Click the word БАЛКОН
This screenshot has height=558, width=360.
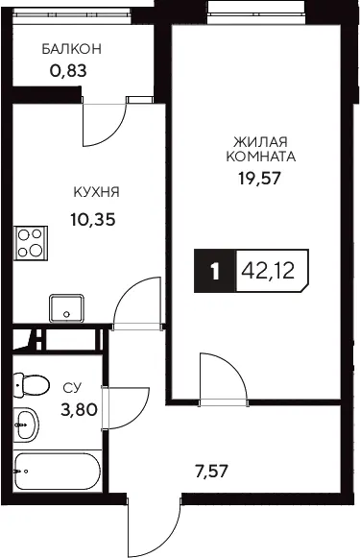[71, 49]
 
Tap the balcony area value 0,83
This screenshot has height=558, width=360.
[68, 71]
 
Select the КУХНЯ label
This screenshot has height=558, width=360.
[96, 192]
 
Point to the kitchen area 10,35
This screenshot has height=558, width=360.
[93, 220]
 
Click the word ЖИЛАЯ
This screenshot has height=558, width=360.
[260, 142]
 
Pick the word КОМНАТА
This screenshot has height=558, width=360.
[261, 157]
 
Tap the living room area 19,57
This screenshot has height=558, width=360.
[259, 178]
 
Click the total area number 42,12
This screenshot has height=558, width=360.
[268, 271]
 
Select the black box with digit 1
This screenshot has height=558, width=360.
[214, 271]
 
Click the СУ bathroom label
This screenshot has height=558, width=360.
[72, 388]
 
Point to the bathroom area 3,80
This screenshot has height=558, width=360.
[79, 409]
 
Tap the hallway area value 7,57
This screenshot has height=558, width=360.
[211, 472]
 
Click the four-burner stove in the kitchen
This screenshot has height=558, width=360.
[31, 243]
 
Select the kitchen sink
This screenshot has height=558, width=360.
[66, 308]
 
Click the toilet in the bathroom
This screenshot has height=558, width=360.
[30, 385]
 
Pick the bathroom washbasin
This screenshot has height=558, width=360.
[26, 425]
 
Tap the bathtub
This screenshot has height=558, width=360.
[58, 472]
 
